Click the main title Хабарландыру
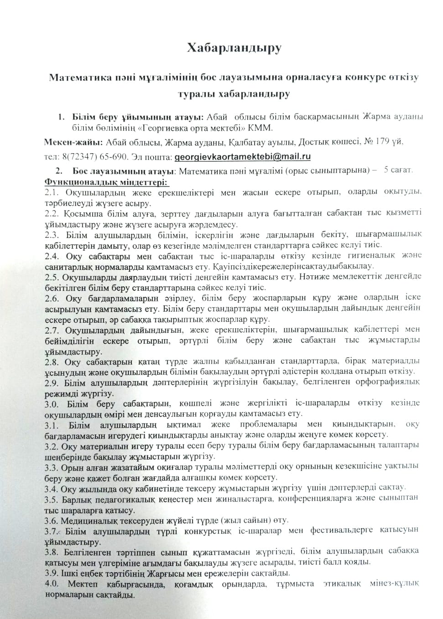[x=234, y=48]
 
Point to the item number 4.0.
[x=52, y=584]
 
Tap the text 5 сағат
[x=398, y=170]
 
